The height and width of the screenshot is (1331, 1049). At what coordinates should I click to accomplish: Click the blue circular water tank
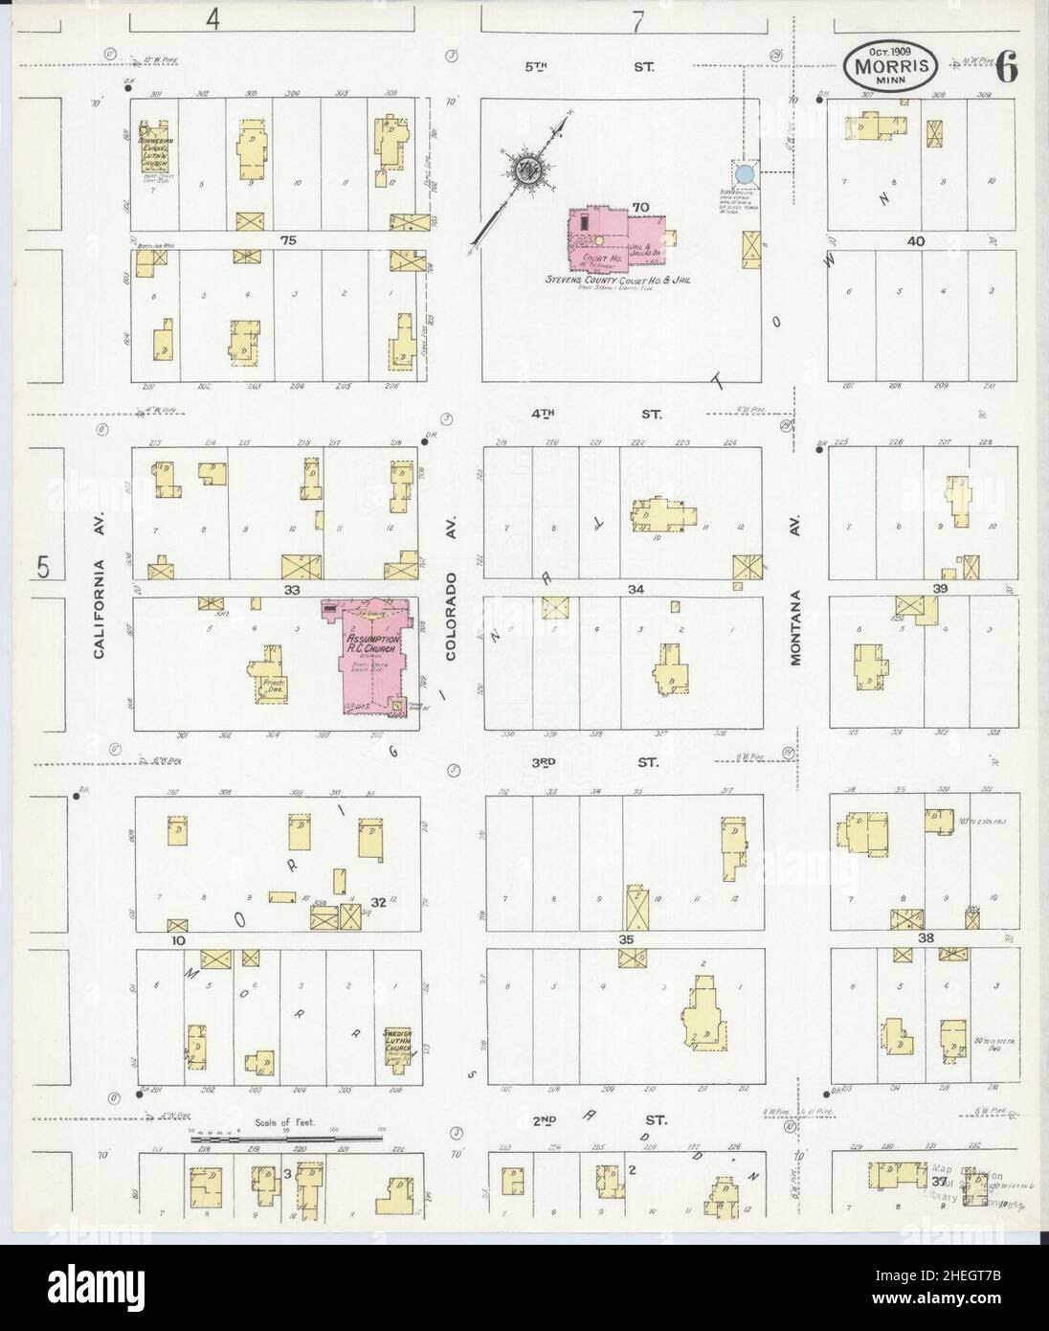(744, 174)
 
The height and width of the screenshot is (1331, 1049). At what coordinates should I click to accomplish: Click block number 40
(916, 241)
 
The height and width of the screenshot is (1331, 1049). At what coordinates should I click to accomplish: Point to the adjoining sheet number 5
(43, 566)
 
